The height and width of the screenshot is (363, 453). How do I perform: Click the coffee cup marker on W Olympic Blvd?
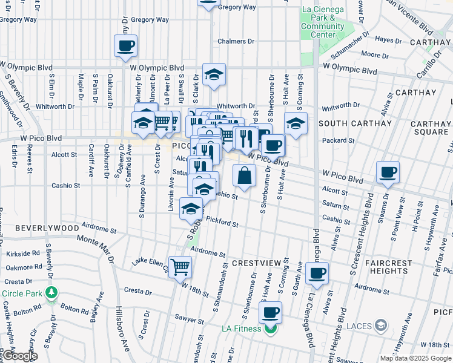click(125, 45)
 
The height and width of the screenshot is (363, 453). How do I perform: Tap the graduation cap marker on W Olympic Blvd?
click(214, 74)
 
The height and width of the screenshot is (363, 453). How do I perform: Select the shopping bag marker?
click(244, 175)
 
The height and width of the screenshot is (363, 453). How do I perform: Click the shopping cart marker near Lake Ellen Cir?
click(180, 266)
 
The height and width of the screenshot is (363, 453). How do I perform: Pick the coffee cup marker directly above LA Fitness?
click(271, 312)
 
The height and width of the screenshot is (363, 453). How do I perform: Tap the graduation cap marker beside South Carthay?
click(296, 123)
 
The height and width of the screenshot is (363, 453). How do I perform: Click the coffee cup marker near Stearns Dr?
click(388, 172)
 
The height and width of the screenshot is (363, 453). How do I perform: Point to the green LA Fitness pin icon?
click(270, 329)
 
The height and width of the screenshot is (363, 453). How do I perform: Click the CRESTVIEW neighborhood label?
click(256, 264)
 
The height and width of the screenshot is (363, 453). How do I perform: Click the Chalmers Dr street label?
click(236, 41)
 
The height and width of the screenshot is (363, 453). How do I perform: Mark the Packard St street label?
click(339, 140)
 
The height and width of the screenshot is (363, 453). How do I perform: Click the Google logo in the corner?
click(20, 356)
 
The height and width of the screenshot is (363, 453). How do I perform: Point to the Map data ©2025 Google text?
click(415, 358)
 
